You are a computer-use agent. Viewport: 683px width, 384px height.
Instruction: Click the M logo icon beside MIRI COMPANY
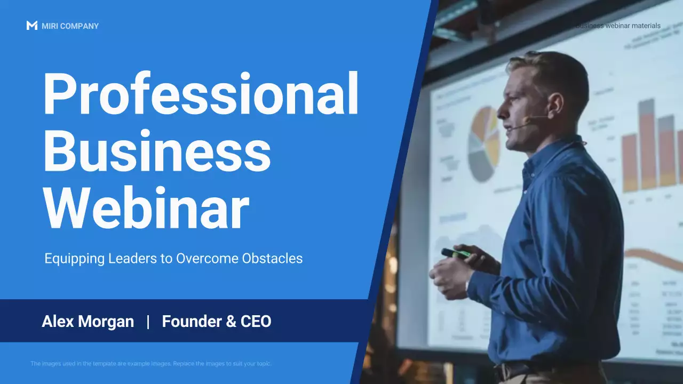point(31,26)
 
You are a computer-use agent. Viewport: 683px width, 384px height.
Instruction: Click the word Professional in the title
point(200,95)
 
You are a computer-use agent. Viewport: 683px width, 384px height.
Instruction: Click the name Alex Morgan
point(88,322)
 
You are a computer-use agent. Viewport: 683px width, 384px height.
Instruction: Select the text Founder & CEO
point(217,322)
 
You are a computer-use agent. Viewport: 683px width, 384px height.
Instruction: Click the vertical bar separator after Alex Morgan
point(148,322)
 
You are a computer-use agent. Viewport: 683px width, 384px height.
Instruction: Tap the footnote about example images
point(151,364)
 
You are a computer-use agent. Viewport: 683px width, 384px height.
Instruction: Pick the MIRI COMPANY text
point(70,26)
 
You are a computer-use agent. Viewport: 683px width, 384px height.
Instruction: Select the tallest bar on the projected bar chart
point(647,144)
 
